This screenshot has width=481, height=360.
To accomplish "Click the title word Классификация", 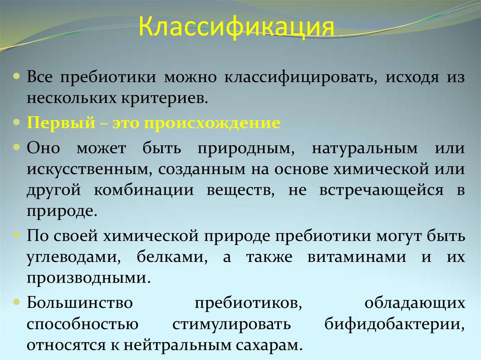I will coord(236,30).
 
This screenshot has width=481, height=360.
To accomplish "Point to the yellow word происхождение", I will coord(212,123).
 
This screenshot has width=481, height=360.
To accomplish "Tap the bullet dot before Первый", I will coord(17,122).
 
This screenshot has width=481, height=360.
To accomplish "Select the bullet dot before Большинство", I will coord(17,301).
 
